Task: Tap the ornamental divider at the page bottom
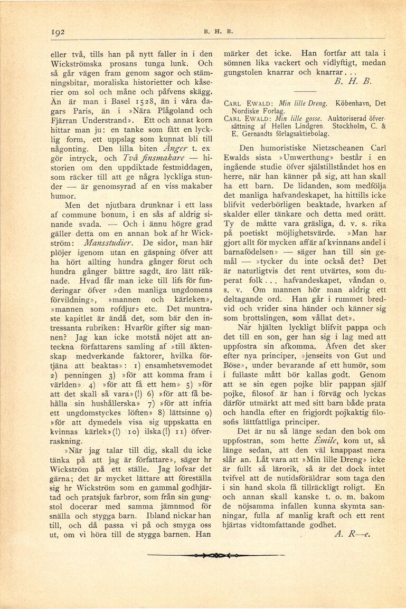[x=216, y=555]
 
